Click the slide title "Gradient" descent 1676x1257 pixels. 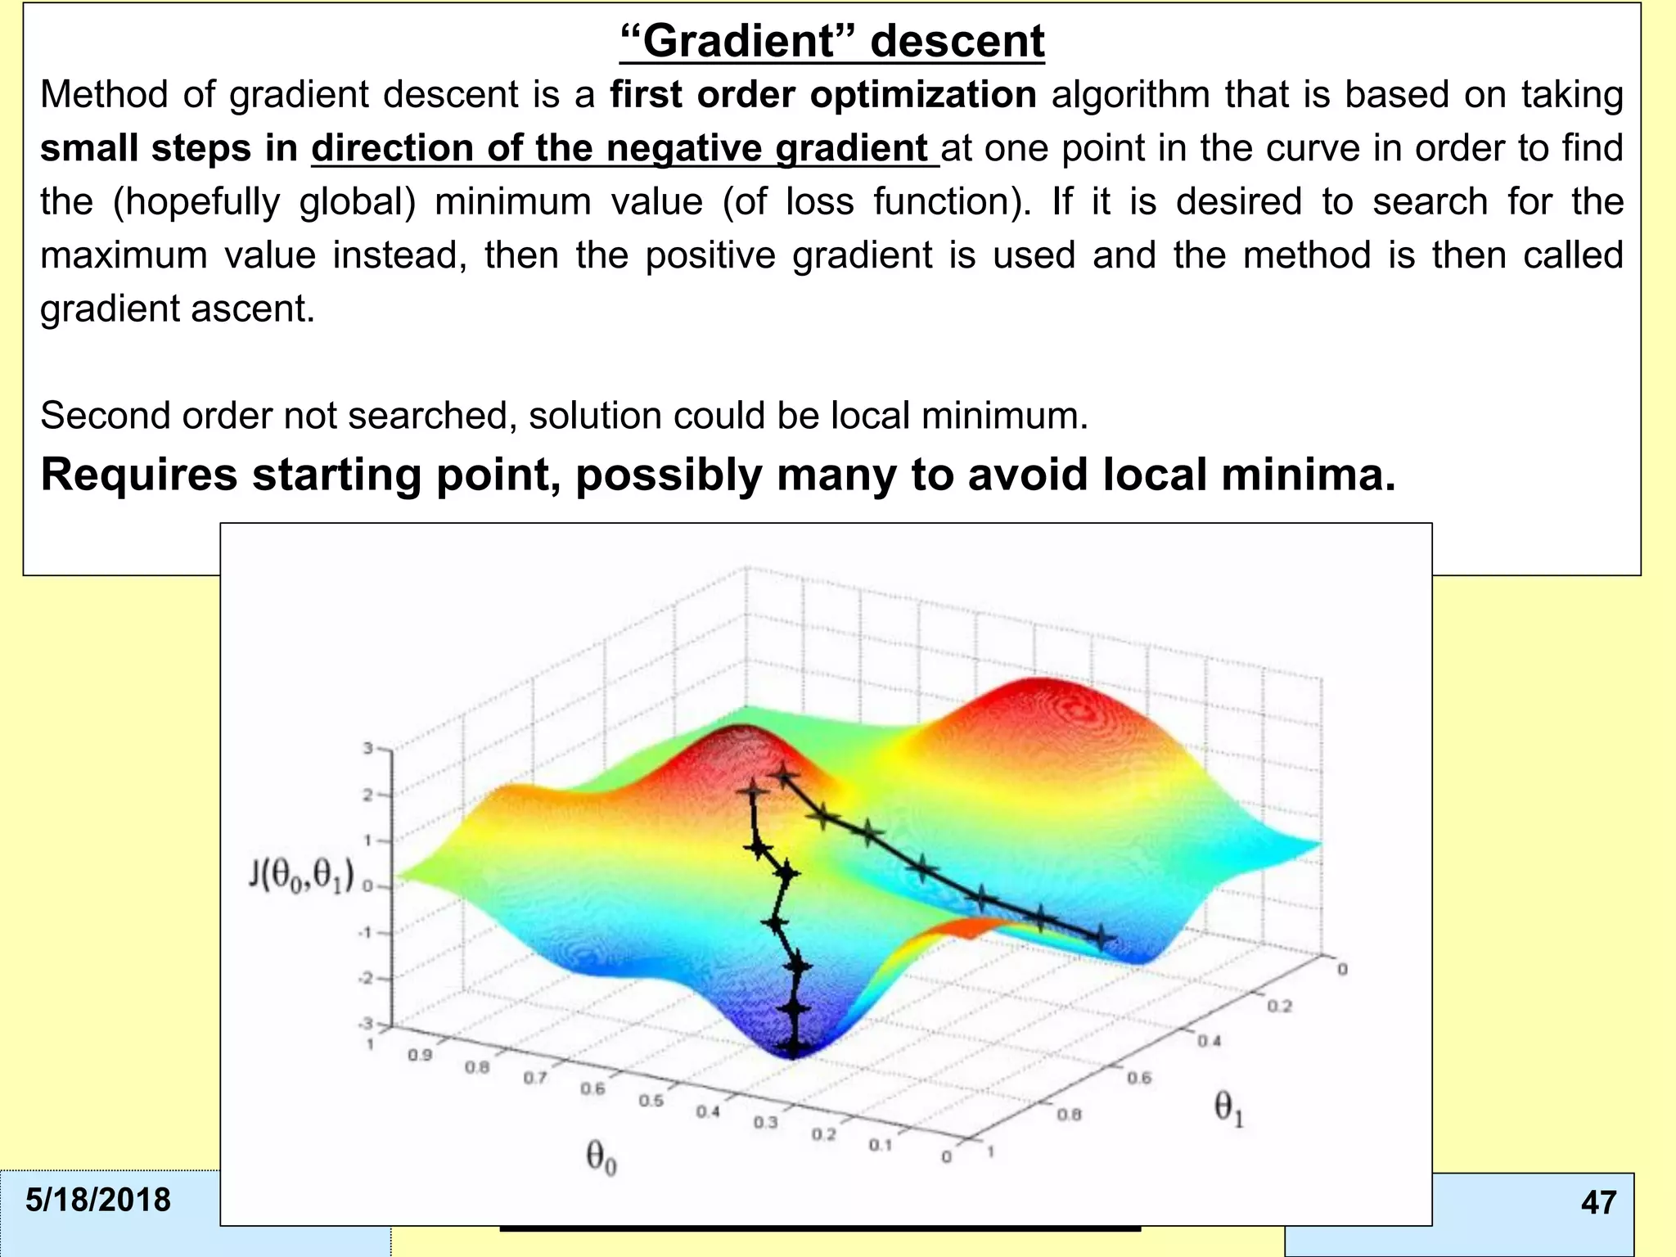pyautogui.click(x=831, y=41)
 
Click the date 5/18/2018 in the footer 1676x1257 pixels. pyautogui.click(x=98, y=1200)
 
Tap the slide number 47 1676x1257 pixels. pyautogui.click(x=1598, y=1202)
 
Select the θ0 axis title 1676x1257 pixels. pyautogui.click(x=601, y=1158)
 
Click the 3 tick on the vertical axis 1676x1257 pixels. pyautogui.click(x=368, y=748)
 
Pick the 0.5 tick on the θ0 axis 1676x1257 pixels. pyautogui.click(x=651, y=1101)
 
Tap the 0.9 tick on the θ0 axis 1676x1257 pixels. pyautogui.click(x=420, y=1056)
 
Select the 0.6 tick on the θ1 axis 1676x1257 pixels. pyautogui.click(x=1139, y=1079)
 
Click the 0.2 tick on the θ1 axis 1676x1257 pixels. pyautogui.click(x=1279, y=1006)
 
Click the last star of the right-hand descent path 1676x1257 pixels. pyautogui.click(x=1101, y=936)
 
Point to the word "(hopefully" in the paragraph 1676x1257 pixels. pyautogui.click(x=195, y=202)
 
